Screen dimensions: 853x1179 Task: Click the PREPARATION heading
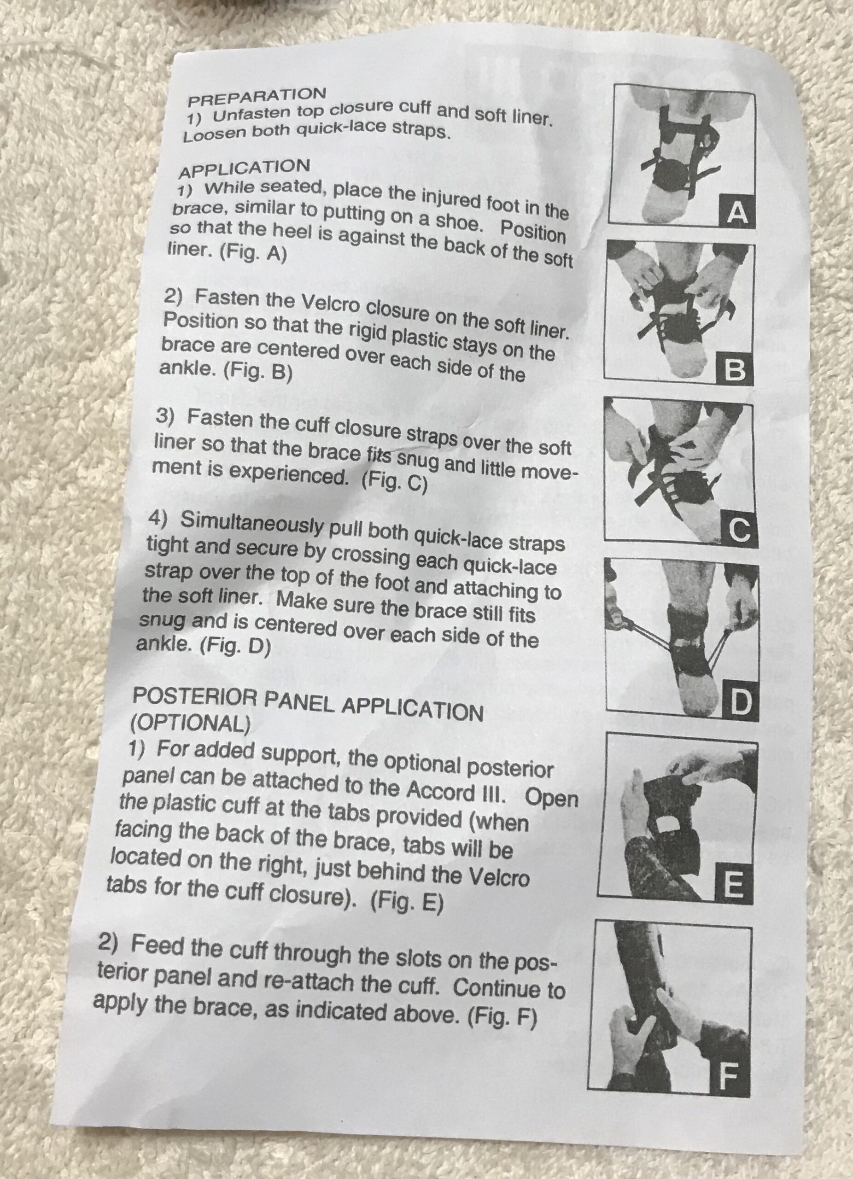[x=257, y=96]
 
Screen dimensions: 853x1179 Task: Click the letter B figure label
[x=734, y=371]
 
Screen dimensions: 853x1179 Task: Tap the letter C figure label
[x=740, y=531]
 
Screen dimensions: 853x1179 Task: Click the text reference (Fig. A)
[x=253, y=253]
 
